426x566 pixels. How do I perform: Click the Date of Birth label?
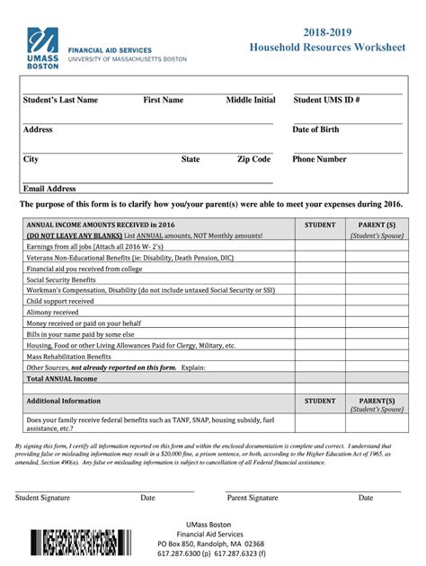click(315, 129)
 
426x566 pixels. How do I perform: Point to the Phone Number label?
click(319, 159)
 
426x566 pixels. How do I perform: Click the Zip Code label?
click(253, 159)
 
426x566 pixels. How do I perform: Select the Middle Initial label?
click(251, 100)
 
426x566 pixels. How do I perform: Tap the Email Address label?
click(49, 189)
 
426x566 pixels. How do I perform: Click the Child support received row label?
click(60, 301)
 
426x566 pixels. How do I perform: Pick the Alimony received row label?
click(53, 312)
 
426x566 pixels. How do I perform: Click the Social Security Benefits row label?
click(62, 279)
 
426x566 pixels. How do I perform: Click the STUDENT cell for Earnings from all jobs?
click(320, 246)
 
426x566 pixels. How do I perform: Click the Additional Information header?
click(64, 401)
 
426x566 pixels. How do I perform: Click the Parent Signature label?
click(253, 497)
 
